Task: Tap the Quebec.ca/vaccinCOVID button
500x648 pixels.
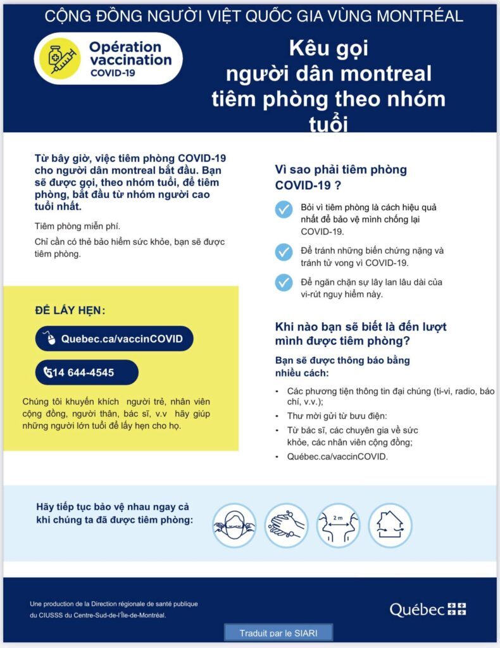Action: pyautogui.click(x=114, y=339)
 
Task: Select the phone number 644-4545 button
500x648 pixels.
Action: pyautogui.click(x=87, y=372)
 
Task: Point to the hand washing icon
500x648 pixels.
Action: pyautogui.click(x=286, y=525)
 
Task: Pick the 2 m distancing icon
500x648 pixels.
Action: pyautogui.click(x=338, y=525)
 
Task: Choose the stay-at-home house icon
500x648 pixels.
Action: pyautogui.click(x=390, y=525)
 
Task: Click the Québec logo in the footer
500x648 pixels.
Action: pyautogui.click(x=427, y=609)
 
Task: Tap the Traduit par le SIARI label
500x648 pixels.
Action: pyautogui.click(x=278, y=633)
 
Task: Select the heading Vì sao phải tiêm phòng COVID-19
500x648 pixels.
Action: pyautogui.click(x=341, y=177)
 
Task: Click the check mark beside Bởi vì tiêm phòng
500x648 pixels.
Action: pyautogui.click(x=284, y=209)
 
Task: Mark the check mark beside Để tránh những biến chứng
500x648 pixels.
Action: pyautogui.click(x=284, y=252)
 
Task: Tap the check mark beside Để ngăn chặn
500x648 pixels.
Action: pyautogui.click(x=284, y=283)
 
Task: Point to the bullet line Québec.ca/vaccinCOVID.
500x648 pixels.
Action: pyautogui.click(x=337, y=456)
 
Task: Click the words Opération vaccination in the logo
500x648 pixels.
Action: pyautogui.click(x=130, y=54)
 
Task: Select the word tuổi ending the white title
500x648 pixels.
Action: pyautogui.click(x=328, y=123)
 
